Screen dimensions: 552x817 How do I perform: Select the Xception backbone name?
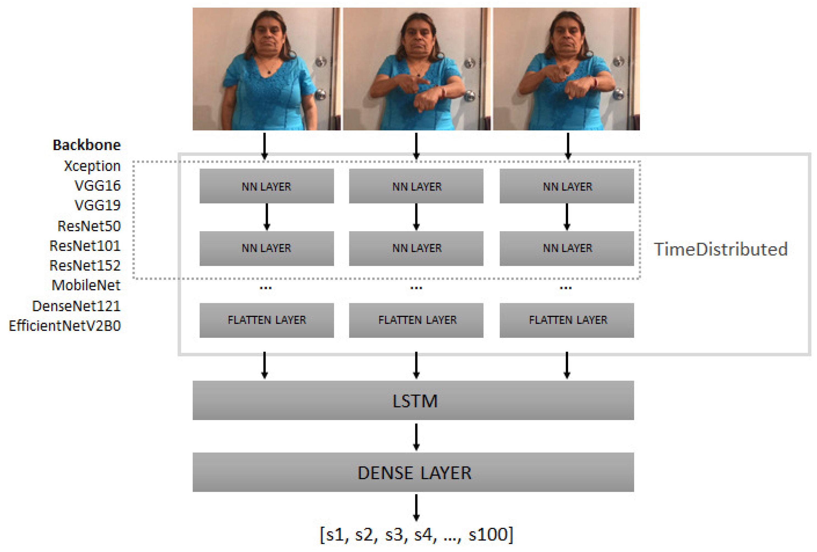coord(92,166)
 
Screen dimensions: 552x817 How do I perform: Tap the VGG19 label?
coord(97,205)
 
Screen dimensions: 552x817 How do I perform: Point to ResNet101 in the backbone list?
coord(85,245)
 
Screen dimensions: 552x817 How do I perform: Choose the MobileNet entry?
coord(86,285)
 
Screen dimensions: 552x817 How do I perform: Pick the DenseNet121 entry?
coord(76,306)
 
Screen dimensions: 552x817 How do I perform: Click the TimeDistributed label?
coord(720,249)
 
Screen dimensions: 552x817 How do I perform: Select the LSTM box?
coord(413,400)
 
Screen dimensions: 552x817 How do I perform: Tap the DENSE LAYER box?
coord(413,472)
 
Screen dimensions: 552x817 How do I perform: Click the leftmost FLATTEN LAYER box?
coord(266,320)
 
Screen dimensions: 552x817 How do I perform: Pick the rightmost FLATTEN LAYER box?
coord(567,320)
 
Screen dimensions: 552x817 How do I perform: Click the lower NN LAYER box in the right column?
coord(567,248)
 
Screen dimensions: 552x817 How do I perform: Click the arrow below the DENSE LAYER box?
coord(416,507)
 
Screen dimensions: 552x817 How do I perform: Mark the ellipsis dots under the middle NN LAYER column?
coord(416,288)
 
